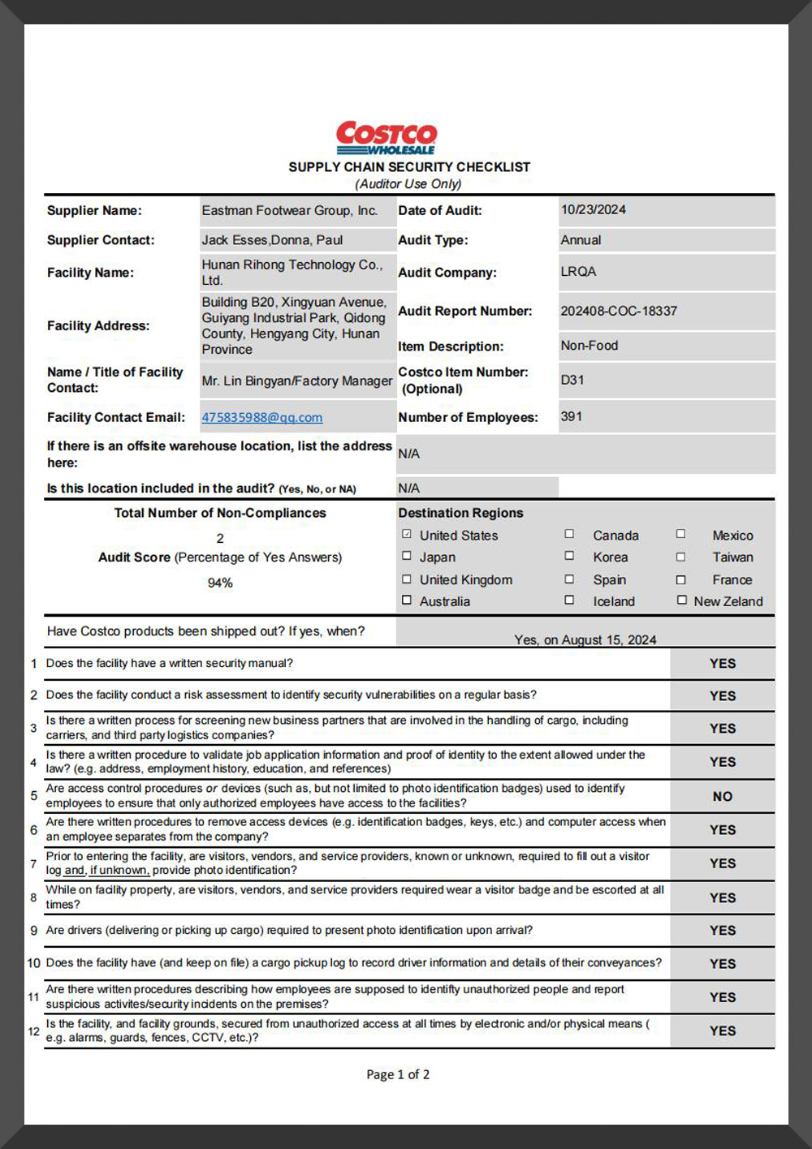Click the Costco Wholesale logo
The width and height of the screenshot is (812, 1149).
coord(387,138)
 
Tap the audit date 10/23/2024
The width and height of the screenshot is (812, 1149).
coord(594,209)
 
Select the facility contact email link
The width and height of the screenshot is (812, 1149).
coord(262,417)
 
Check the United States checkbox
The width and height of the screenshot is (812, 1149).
coord(407,534)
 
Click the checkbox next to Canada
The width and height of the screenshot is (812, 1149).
coord(569,534)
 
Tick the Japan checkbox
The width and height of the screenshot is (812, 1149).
coord(407,556)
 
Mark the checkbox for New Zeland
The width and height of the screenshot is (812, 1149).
coord(681,600)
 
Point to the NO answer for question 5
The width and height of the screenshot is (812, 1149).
coord(722,797)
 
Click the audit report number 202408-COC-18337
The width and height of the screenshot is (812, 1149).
coord(619,311)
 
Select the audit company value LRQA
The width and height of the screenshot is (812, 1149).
coord(578,271)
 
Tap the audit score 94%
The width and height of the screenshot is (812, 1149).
coord(220,583)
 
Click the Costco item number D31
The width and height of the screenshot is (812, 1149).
coord(572,380)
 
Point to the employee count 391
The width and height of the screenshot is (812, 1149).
coord(572,416)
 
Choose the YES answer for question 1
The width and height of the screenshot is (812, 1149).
coord(722,664)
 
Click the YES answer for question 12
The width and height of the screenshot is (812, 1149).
coord(722,1031)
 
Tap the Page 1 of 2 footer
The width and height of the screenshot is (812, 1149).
coord(398,1074)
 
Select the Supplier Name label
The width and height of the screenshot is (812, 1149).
coord(94,210)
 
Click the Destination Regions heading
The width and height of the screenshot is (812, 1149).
coord(460,513)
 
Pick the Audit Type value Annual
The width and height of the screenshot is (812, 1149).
coord(581,240)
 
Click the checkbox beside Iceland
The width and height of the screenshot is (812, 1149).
coord(569,600)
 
